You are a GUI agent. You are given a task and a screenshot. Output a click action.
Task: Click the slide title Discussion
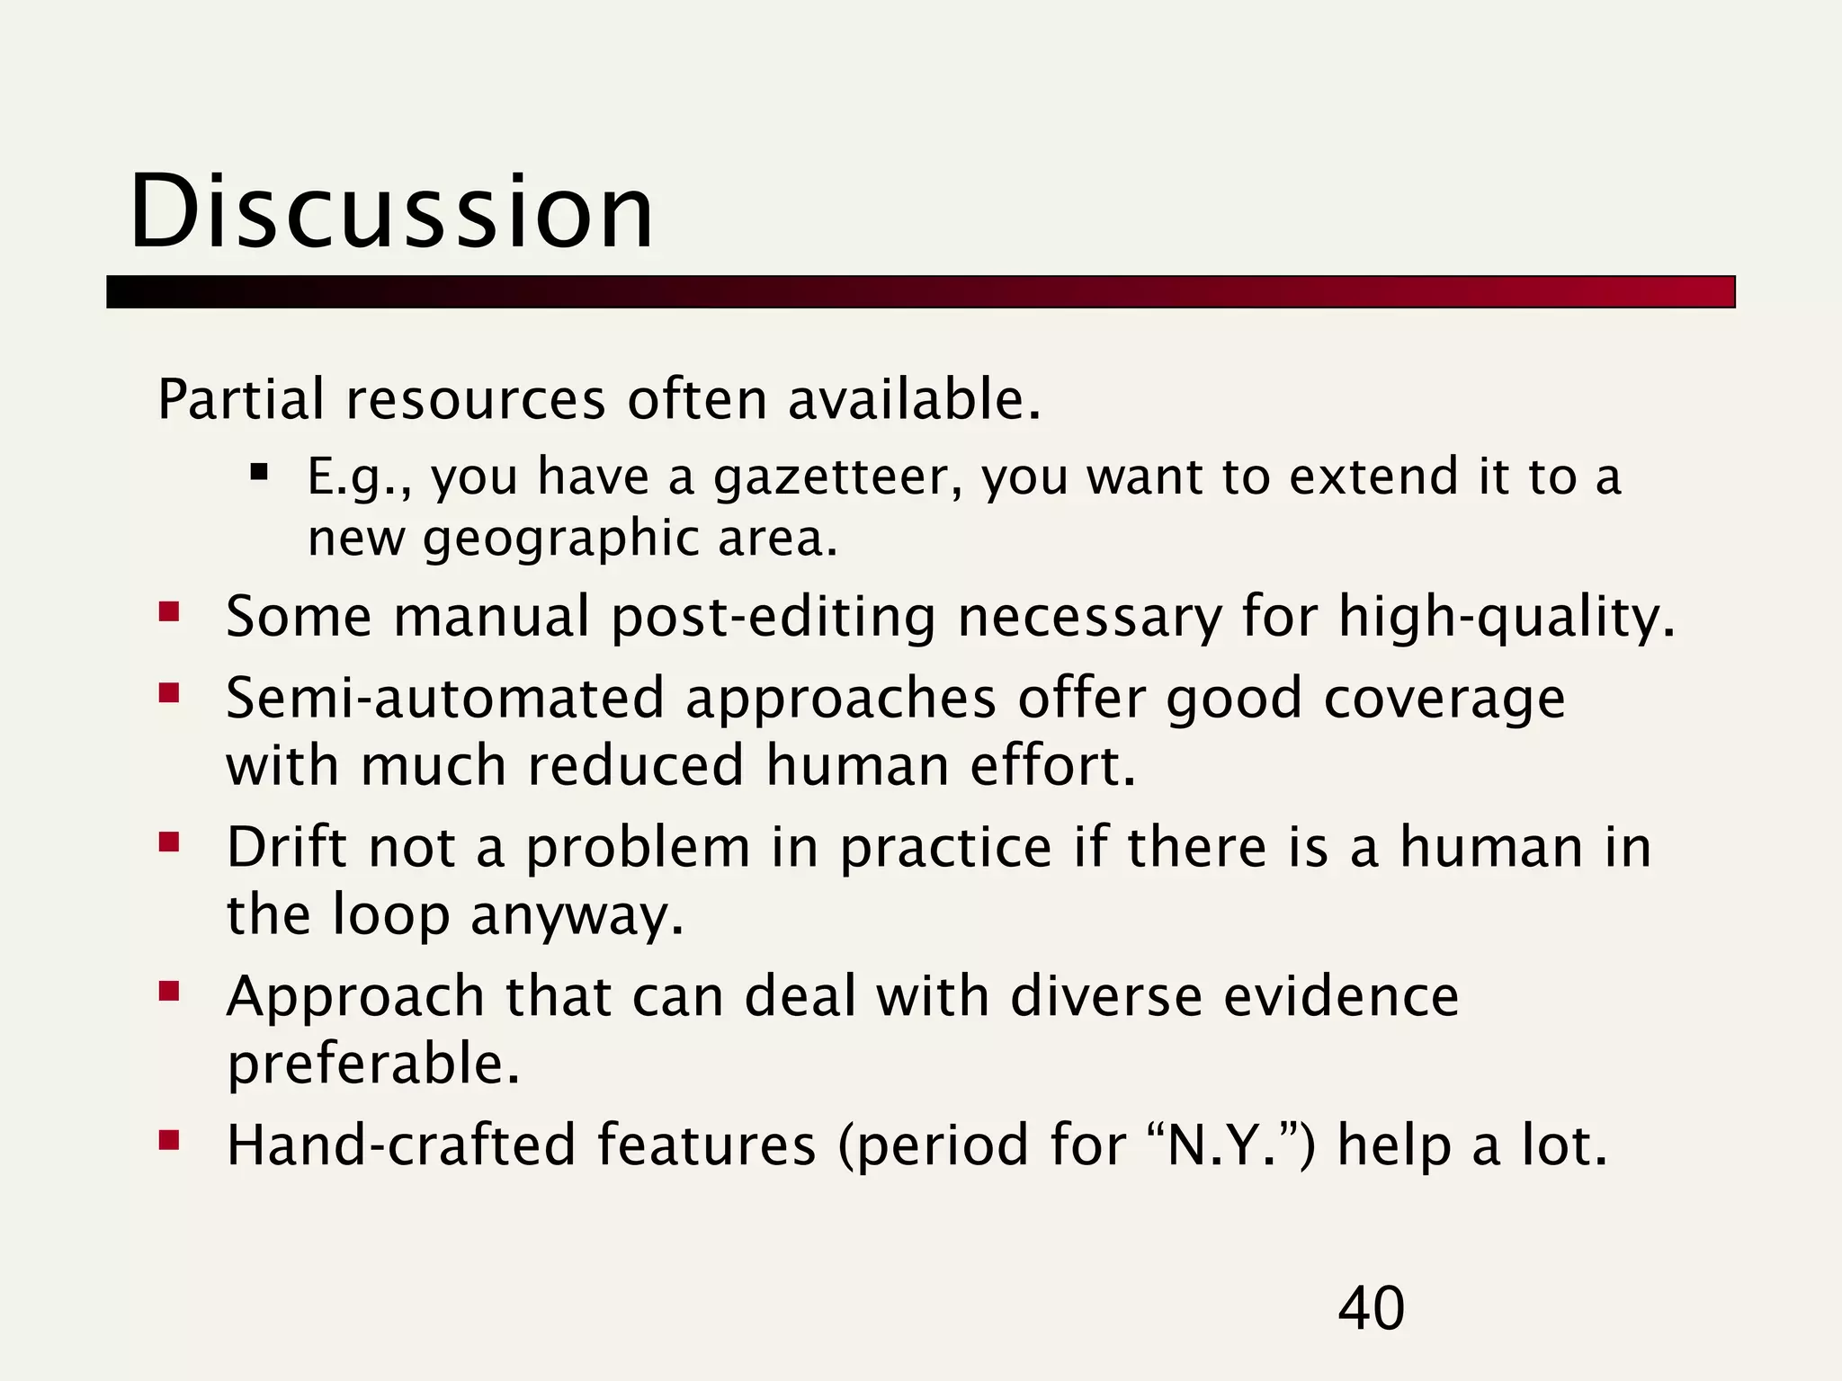(x=392, y=212)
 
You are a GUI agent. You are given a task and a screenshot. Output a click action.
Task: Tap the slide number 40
(x=1371, y=1308)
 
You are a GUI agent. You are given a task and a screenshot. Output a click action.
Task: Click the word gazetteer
(x=837, y=477)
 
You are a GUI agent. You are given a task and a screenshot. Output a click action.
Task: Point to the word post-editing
(x=773, y=618)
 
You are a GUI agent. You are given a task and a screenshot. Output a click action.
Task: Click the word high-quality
(x=1507, y=618)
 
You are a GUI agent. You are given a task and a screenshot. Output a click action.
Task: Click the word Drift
(x=286, y=847)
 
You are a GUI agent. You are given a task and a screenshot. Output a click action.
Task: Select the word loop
(x=390, y=916)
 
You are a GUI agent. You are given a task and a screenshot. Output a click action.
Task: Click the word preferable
(x=373, y=1065)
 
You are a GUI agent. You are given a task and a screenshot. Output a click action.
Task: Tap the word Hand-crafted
(x=400, y=1145)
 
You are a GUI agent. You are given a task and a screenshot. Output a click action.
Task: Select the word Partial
(x=240, y=399)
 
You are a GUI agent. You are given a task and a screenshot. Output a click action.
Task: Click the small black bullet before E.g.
(x=260, y=471)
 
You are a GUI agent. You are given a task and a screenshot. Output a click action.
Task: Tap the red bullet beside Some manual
(x=169, y=613)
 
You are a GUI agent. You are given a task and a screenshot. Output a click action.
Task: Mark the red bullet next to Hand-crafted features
(x=169, y=1141)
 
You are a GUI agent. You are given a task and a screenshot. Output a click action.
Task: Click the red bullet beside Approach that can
(x=169, y=992)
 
